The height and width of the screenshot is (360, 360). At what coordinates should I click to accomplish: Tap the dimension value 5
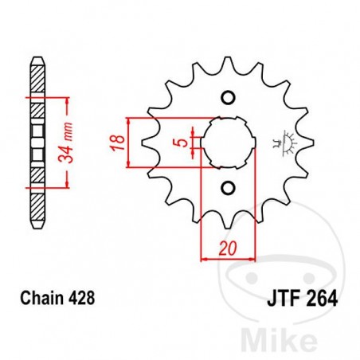coord(184,143)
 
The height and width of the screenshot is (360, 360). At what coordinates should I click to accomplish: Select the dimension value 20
coord(228,248)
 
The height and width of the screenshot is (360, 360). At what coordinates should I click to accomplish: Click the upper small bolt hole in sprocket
coord(227,98)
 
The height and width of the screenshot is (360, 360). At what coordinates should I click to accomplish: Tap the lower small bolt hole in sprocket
coord(227,189)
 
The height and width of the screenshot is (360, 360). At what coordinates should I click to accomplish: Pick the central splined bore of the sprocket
coord(227,143)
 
